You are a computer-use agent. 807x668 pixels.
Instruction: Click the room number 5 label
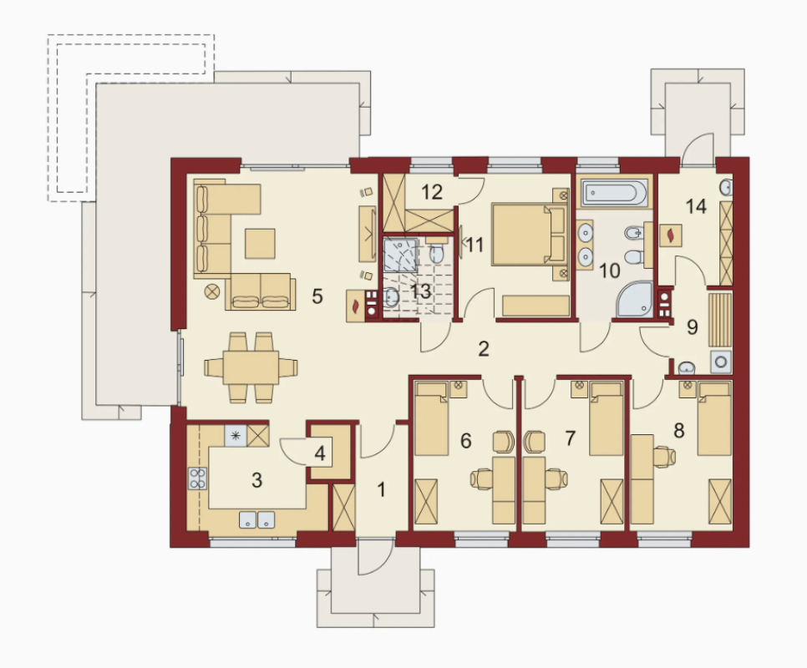click(317, 296)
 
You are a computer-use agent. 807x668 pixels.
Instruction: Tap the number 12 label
click(431, 192)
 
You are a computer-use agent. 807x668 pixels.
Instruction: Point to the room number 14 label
click(696, 207)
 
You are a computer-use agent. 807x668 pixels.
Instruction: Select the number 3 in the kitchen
click(256, 480)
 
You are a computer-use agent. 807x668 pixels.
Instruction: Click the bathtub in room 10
click(614, 192)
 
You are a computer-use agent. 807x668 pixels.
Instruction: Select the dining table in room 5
click(251, 367)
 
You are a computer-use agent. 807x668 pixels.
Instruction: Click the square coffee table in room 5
click(260, 243)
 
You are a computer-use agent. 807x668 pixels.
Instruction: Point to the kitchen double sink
click(256, 519)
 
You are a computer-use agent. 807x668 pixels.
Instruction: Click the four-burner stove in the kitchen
click(198, 478)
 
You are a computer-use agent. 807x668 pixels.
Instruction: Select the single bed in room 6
click(431, 418)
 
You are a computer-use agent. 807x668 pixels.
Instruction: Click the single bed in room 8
click(714, 418)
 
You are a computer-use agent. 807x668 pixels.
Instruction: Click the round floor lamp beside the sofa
click(212, 292)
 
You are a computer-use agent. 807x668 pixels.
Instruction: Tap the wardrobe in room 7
click(612, 501)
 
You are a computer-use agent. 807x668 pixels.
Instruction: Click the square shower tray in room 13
click(400, 254)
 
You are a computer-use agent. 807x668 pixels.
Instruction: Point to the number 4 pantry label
click(320, 454)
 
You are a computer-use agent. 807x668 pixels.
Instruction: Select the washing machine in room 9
click(721, 362)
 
